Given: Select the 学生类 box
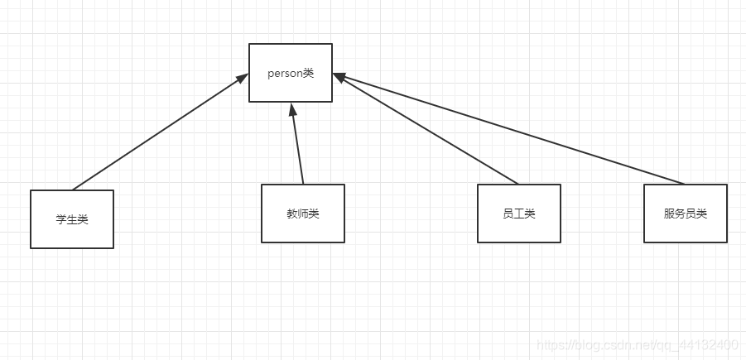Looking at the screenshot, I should pyautogui.click(x=72, y=218).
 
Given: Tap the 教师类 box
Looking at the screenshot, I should pyautogui.click(x=302, y=213).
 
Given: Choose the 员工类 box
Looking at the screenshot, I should pyautogui.click(x=518, y=213).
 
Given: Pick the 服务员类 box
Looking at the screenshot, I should pyautogui.click(x=685, y=213).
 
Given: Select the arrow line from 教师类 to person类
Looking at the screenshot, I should pyautogui.click(x=297, y=145).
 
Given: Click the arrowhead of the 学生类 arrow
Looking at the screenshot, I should pyautogui.click(x=243, y=78).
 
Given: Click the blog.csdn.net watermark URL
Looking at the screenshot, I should pyautogui.click(x=637, y=344).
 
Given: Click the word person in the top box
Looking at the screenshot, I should pyautogui.click(x=284, y=73).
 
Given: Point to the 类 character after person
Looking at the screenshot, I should pyautogui.click(x=308, y=73).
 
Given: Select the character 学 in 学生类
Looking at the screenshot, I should pyautogui.click(x=61, y=219).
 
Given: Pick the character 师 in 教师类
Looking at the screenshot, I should pyautogui.click(x=302, y=214).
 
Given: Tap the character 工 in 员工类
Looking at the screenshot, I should pyautogui.click(x=518, y=214).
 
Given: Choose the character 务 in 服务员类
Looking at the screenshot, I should pyautogui.click(x=680, y=214).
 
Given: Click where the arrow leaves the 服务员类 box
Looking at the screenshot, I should pyautogui.click(x=685, y=184).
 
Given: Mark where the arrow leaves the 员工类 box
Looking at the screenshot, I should pyautogui.click(x=518, y=184).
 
